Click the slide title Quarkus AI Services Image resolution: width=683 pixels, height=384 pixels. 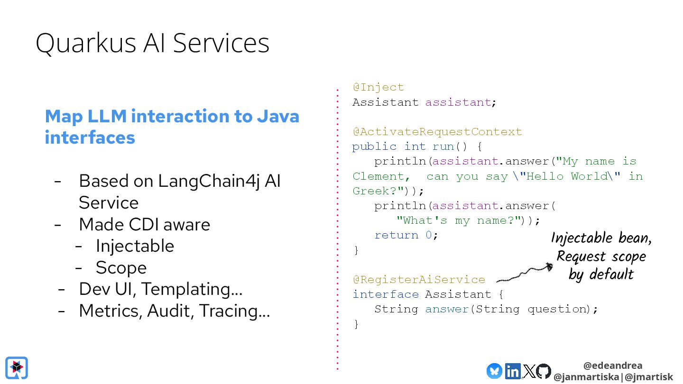(152, 43)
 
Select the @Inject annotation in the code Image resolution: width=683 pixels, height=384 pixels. (378, 87)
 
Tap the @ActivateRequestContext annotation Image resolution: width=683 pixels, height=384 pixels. (437, 132)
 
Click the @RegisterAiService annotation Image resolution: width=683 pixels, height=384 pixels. (419, 280)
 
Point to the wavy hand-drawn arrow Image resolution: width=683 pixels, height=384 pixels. (524, 274)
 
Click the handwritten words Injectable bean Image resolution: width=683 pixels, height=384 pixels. (601, 238)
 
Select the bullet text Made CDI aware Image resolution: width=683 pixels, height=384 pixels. (144, 224)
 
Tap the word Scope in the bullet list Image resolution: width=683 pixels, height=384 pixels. (121, 268)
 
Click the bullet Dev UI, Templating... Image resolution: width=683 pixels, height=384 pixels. (161, 289)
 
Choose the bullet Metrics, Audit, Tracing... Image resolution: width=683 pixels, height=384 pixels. (174, 311)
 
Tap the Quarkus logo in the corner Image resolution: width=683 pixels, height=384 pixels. (17, 368)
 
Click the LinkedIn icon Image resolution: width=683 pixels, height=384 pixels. (512, 371)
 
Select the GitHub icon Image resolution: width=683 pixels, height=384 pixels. (544, 371)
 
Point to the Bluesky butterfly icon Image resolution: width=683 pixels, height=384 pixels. (494, 371)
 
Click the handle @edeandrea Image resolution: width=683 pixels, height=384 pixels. (613, 366)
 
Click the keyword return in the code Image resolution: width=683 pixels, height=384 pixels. (396, 235)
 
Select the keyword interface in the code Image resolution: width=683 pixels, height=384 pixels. (385, 294)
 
